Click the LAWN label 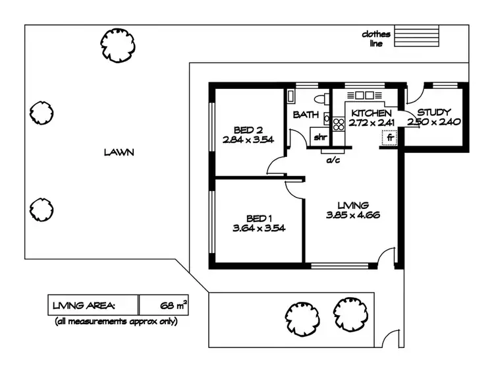119,152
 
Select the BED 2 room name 248,129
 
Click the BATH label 306,115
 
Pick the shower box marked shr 319,137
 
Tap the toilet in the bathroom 321,99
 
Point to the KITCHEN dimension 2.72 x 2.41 371,123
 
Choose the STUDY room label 433,113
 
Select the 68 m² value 174,305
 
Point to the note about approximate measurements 117,322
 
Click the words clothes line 376,39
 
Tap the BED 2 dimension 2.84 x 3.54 248,139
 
